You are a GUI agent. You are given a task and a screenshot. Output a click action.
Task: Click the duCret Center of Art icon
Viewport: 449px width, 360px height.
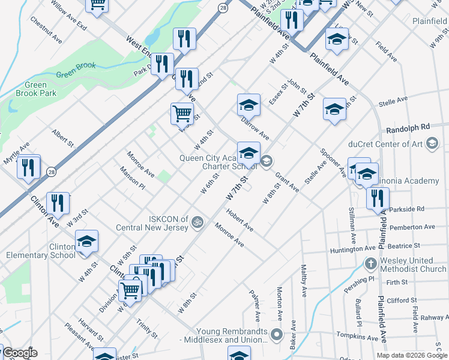(x=431, y=143)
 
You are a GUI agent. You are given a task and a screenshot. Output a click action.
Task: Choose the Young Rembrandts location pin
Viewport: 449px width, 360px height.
(x=276, y=334)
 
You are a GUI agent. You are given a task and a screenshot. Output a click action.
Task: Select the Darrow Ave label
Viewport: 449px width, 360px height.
(x=255, y=128)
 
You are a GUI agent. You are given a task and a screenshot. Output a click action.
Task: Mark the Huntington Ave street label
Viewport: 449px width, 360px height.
(x=353, y=249)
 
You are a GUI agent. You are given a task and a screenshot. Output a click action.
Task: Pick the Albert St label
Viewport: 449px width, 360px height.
(x=62, y=138)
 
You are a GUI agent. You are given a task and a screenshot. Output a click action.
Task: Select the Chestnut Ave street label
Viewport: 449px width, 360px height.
(x=46, y=29)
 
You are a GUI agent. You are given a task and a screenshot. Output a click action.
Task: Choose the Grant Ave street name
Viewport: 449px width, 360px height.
(x=287, y=182)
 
